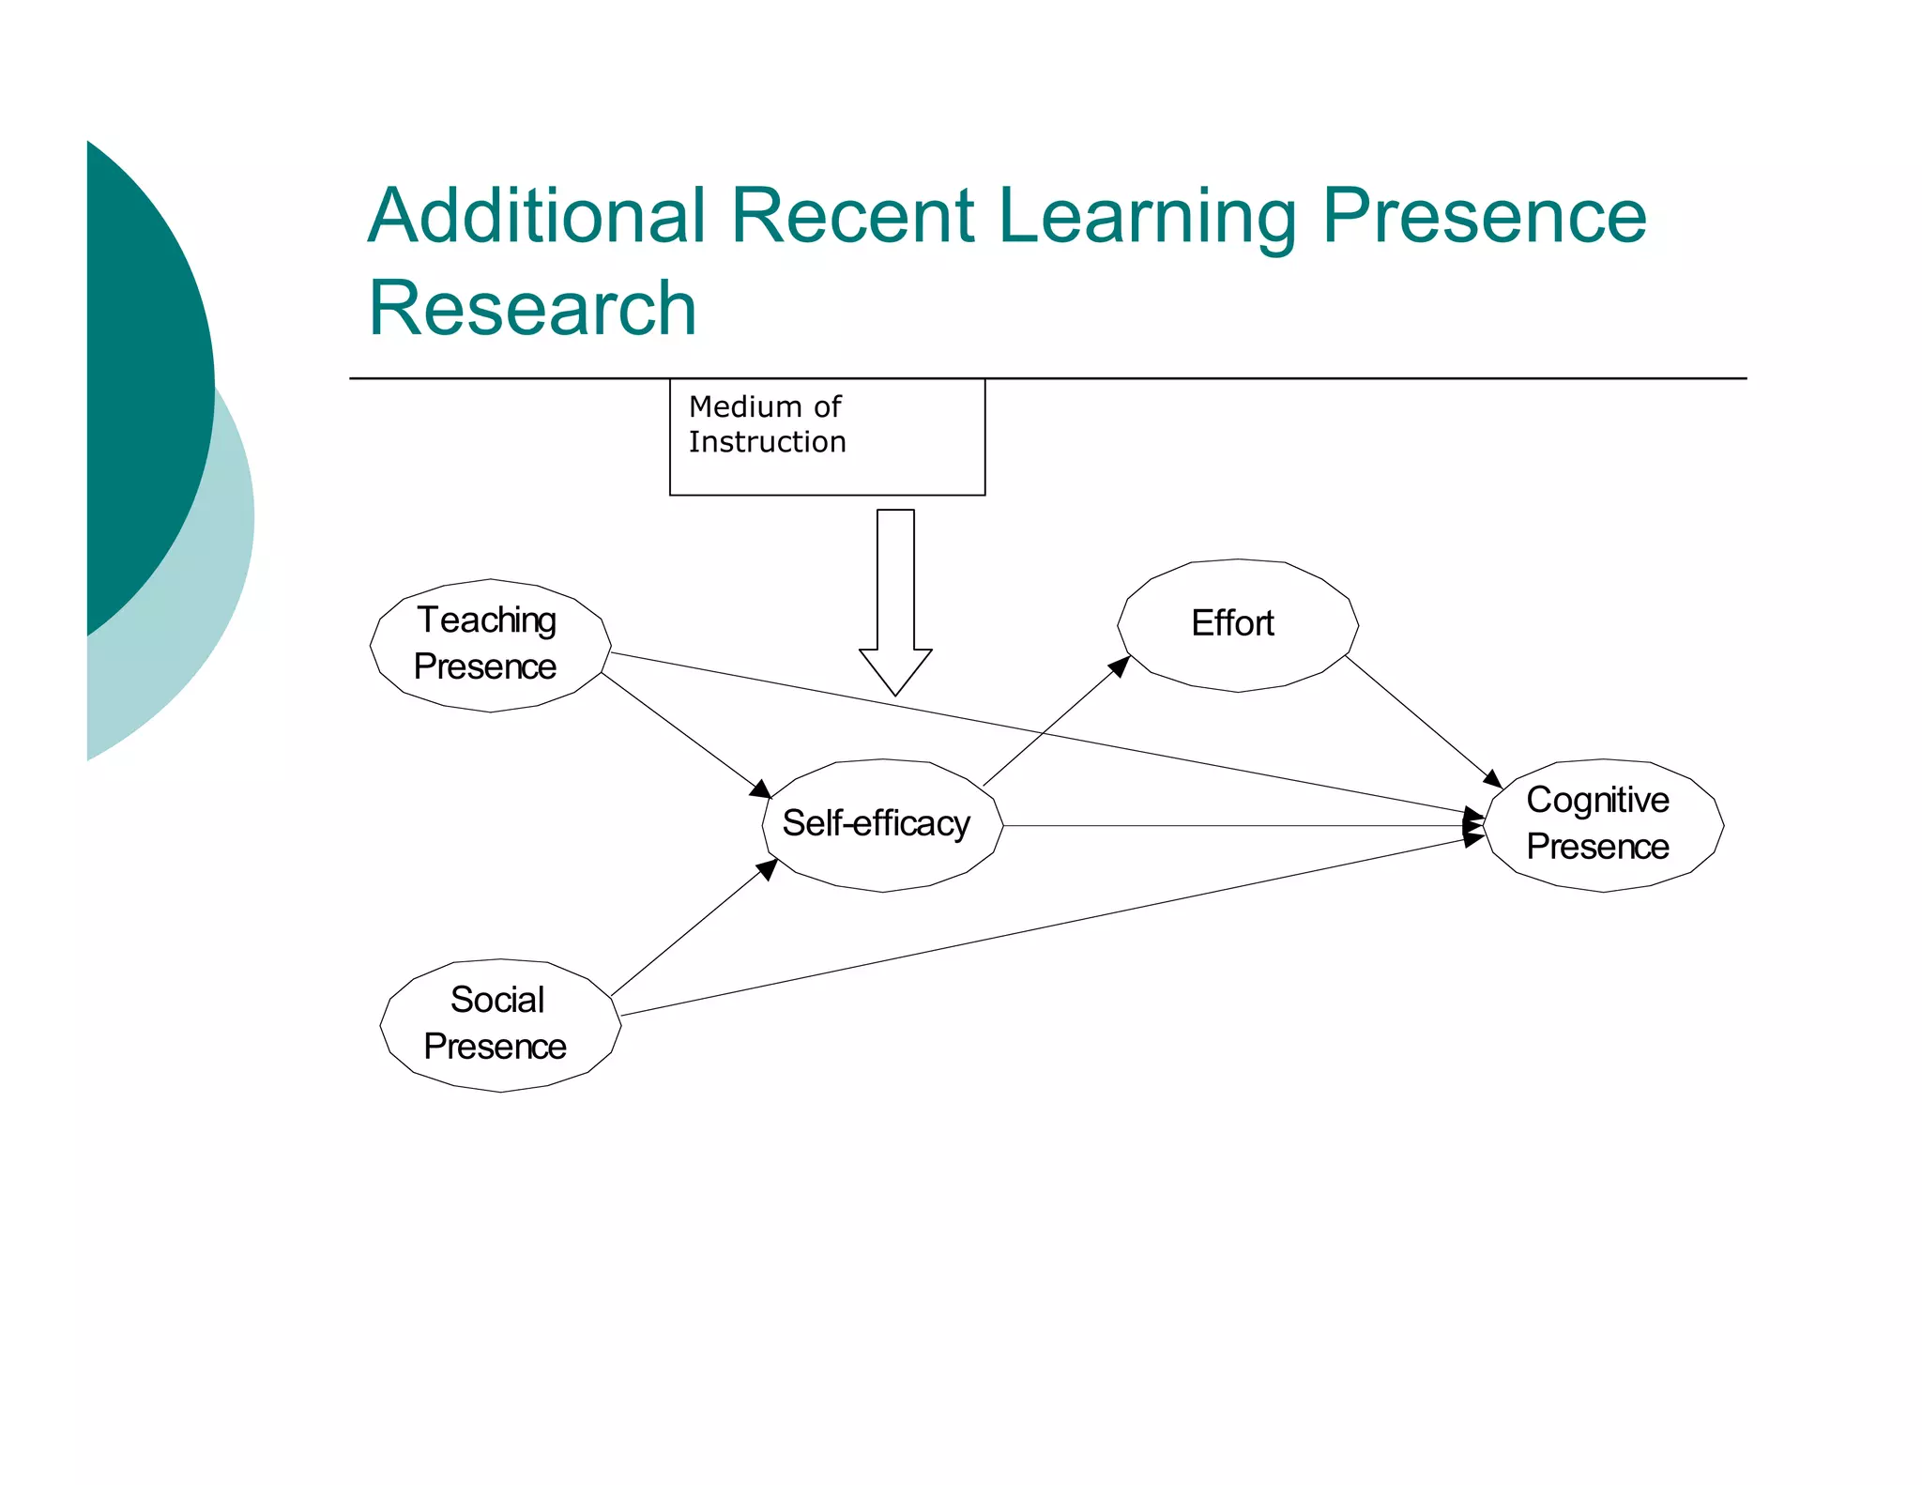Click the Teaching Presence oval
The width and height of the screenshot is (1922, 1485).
(x=490, y=645)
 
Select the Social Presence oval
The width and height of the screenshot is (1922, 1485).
(x=500, y=1025)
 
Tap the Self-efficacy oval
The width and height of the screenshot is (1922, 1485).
(x=882, y=825)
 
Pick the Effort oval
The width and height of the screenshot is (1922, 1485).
(x=1237, y=625)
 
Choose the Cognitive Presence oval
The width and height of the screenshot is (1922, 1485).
(x=1603, y=825)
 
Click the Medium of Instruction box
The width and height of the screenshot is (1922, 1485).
(x=827, y=437)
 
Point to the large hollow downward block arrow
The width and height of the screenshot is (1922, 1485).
(x=895, y=601)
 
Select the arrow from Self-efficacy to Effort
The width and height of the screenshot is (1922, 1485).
(x=1056, y=721)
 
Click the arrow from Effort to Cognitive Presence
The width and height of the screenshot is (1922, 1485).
(x=1422, y=720)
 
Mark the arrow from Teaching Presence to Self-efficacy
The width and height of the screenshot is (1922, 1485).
(x=685, y=735)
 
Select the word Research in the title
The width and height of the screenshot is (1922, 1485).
(x=532, y=308)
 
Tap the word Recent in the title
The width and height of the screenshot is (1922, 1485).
(x=852, y=215)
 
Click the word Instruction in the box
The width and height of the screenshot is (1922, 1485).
(x=767, y=442)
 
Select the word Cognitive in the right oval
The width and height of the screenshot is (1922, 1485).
(x=1597, y=801)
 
